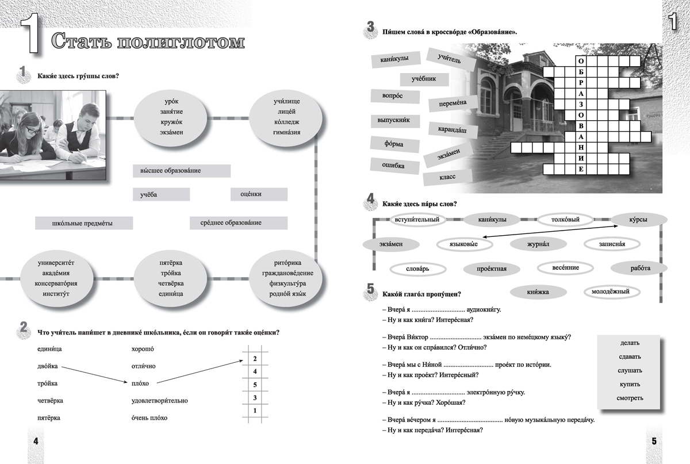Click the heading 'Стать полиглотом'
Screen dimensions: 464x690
click(147, 41)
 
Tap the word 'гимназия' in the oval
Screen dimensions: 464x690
click(286, 132)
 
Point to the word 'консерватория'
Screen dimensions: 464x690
click(57, 283)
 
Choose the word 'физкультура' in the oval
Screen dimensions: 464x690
click(287, 283)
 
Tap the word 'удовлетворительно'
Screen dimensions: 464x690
click(159, 401)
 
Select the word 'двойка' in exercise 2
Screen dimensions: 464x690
click(47, 366)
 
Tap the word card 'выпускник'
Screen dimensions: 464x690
click(394, 122)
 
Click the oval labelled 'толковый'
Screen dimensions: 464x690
click(565, 220)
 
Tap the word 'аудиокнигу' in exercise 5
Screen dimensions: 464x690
click(482, 309)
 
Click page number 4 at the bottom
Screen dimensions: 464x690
click(36, 441)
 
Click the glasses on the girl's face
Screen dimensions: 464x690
click(33, 131)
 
